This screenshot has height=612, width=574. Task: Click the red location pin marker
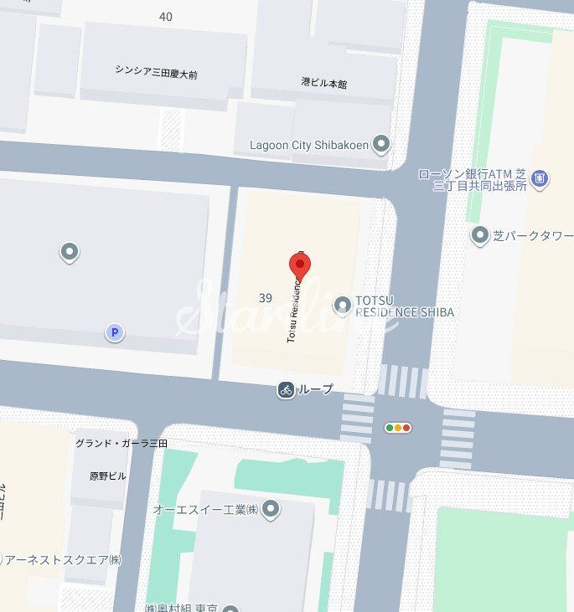point(300,265)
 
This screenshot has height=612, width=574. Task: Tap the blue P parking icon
point(115,333)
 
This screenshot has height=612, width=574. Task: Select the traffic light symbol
point(398,428)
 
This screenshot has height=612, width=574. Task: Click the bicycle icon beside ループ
point(286,389)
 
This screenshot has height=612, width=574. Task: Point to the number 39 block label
point(266,298)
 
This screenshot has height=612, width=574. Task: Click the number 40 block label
point(165,17)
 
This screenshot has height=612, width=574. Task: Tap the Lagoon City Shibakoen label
point(308,145)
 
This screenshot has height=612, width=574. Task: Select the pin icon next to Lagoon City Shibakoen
point(381,145)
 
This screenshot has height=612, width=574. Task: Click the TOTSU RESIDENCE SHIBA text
point(405,306)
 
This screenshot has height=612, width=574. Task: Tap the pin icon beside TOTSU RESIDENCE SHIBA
point(342,306)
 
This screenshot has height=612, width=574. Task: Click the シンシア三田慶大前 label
point(156,72)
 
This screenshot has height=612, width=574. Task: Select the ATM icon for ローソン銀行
point(540,178)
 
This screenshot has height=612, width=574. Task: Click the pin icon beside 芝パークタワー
point(479,235)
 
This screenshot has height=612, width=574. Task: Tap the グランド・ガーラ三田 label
point(121,443)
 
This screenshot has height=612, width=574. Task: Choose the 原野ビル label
point(108,476)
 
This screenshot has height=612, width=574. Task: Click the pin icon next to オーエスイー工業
point(271,508)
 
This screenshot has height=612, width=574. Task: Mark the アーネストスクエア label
point(60,559)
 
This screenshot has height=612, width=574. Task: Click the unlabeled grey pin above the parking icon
point(70,250)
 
